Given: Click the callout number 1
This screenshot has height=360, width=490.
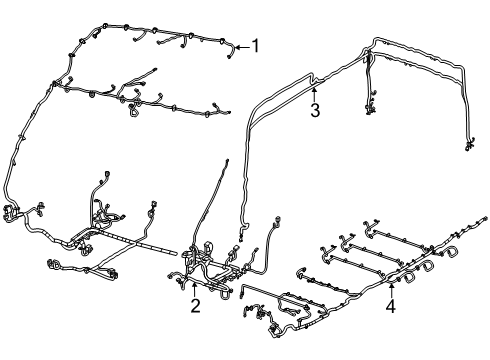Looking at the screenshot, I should pyautogui.click(x=255, y=45).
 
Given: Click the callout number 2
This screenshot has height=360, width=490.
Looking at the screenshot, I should pyautogui.click(x=196, y=306).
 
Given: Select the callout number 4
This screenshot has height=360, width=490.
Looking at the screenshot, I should pyautogui.click(x=391, y=307).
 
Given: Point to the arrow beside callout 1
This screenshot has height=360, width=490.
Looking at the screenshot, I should pyautogui.click(x=241, y=46).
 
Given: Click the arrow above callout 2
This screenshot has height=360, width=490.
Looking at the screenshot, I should pyautogui.click(x=196, y=289).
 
